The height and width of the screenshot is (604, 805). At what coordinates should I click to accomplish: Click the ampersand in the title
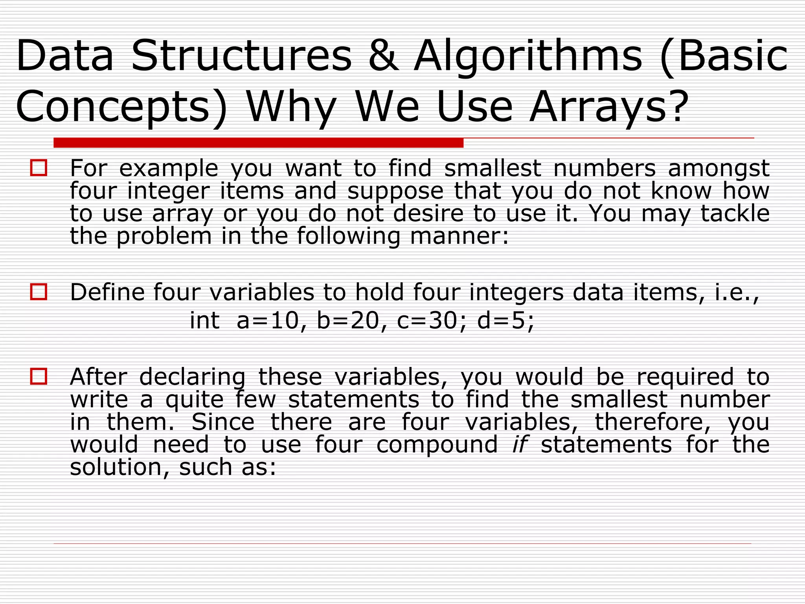coord(384,56)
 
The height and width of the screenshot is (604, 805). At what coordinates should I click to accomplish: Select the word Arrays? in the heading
coord(609,107)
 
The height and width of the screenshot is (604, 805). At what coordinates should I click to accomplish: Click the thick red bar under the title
coord(258,143)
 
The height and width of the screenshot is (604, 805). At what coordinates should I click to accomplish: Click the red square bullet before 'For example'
coord(39,168)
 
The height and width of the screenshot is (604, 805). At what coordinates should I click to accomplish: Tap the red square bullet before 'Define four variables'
coord(39,292)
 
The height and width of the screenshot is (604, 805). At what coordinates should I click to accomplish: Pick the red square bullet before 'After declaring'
coord(39,376)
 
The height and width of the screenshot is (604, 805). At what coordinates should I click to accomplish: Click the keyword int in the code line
coord(204,320)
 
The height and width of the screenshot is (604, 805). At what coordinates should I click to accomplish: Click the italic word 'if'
coord(520,444)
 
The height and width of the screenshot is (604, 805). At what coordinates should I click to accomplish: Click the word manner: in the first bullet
coord(459,236)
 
